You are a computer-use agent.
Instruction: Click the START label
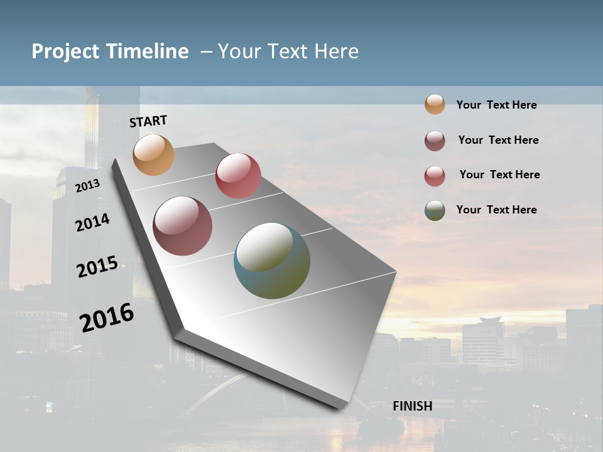click(148, 121)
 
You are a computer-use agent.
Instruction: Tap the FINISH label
click(412, 406)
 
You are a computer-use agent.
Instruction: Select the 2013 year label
click(87, 185)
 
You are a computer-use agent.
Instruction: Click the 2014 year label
click(92, 222)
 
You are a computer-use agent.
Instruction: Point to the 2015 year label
click(97, 267)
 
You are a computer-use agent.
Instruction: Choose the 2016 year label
click(107, 317)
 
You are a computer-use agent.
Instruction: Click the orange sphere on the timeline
click(153, 154)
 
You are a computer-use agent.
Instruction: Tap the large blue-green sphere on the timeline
click(272, 261)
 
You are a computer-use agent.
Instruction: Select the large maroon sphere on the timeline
click(182, 226)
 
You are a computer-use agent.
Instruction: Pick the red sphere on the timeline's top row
click(238, 175)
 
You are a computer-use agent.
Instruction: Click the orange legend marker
click(435, 105)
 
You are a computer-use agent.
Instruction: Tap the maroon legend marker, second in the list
click(435, 141)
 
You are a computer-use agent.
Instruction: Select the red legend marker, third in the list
click(435, 176)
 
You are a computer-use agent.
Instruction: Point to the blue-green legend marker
click(435, 210)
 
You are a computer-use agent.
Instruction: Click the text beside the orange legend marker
click(496, 105)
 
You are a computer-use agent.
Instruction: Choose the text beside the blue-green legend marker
click(496, 210)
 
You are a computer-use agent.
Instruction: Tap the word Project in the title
click(65, 51)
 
